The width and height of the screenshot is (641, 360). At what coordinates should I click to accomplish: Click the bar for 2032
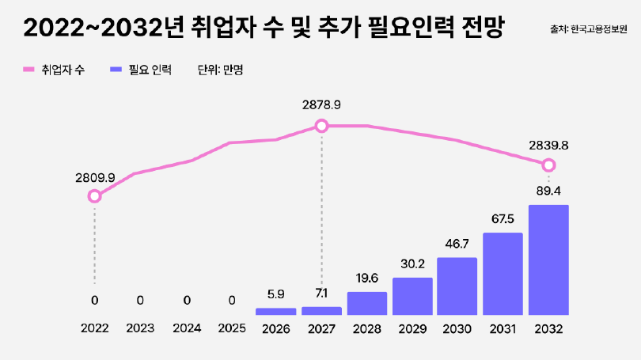coord(548,260)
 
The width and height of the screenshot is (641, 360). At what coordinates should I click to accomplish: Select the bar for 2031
coord(503,273)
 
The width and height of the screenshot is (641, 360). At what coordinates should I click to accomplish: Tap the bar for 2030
coord(457,286)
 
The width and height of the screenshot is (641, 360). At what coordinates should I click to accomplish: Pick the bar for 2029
coord(412,296)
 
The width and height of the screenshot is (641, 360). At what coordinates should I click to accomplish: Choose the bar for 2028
coord(367,303)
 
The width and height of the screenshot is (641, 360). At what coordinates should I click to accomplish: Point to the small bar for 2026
coord(275,311)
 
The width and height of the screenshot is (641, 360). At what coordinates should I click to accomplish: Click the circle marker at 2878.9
coord(321,126)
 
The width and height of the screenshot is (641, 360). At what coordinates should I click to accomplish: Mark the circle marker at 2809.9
coord(95,195)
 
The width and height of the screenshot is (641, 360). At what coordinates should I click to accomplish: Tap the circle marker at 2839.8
coord(548,165)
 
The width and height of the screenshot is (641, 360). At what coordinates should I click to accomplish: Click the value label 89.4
coord(548,191)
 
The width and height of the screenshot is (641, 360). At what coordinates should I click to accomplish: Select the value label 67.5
coord(503,218)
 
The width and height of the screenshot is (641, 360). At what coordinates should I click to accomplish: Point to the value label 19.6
coord(367,278)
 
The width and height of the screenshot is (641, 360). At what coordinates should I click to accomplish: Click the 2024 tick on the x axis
coord(186,328)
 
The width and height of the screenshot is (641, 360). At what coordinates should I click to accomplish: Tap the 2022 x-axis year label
coord(95,328)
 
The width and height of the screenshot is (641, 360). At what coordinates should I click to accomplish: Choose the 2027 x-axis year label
coord(321,328)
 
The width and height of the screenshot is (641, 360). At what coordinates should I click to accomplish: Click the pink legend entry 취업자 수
coord(54,70)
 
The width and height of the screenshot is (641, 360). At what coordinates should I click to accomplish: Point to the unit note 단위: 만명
coord(220,70)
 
